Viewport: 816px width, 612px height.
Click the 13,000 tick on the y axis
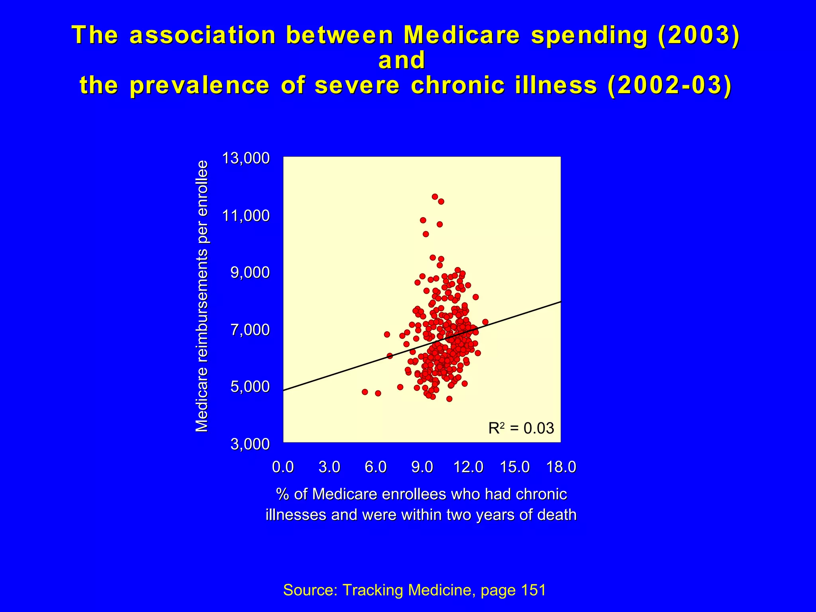point(246,159)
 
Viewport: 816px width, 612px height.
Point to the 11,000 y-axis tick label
point(246,216)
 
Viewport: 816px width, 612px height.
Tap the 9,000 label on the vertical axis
point(250,273)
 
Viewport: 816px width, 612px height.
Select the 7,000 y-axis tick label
point(250,330)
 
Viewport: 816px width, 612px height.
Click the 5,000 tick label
point(250,387)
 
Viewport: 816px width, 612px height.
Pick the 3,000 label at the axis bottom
point(250,444)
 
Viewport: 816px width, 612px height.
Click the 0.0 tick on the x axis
point(283,467)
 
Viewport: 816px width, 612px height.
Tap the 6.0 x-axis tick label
point(376,467)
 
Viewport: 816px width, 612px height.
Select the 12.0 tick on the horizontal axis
point(468,467)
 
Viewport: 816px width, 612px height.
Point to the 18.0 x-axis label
point(561,467)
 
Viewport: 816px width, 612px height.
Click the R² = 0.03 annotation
point(521,428)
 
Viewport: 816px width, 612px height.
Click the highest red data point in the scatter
point(435,196)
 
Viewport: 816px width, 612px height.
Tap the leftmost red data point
point(365,392)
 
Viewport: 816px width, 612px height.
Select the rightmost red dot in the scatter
point(485,322)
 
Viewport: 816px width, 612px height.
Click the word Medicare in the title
point(461,35)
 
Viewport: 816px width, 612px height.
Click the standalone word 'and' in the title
point(402,61)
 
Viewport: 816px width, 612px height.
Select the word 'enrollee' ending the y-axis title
point(202,188)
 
